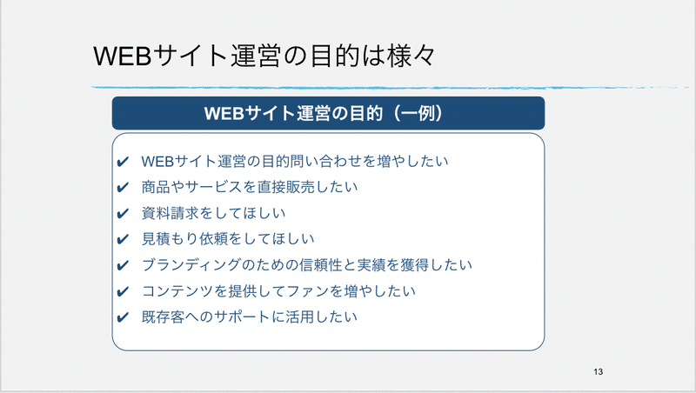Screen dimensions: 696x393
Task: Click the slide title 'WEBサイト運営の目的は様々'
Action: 264,56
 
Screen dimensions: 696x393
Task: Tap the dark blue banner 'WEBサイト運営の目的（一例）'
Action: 329,113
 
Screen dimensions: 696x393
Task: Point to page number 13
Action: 598,372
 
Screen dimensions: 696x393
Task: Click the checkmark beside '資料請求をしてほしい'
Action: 123,213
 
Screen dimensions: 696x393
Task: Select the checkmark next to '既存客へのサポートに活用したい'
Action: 123,317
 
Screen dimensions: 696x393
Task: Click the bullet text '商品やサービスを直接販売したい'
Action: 250,187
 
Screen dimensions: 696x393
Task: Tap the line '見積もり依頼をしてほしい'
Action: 228,238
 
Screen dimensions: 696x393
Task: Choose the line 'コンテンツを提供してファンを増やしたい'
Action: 278,291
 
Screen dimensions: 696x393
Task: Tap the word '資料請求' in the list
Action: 170,213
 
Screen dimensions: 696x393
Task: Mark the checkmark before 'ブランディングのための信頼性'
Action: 123,265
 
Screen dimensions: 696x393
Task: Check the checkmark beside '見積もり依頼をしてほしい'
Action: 123,239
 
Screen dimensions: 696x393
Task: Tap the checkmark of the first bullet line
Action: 123,162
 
